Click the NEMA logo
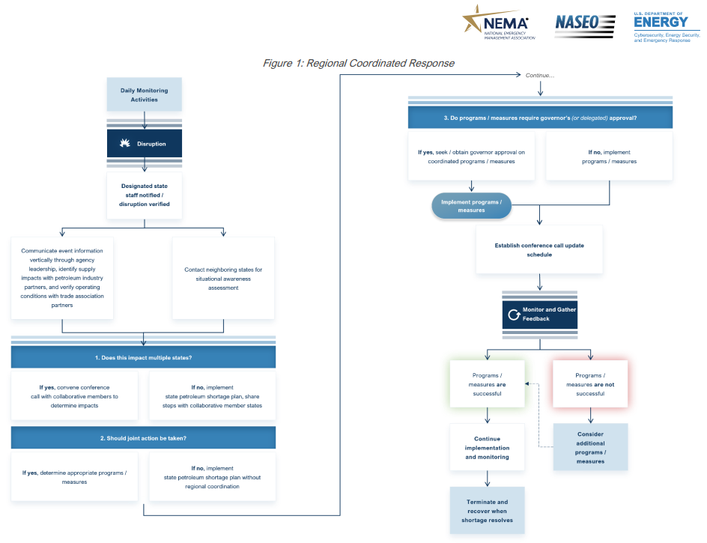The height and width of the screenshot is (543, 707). [499, 22]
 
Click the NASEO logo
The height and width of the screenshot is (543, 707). [585, 25]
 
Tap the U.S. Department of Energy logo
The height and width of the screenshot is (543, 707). [667, 27]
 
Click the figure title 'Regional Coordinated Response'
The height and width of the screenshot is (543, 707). [380, 63]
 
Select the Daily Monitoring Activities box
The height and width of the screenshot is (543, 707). [145, 94]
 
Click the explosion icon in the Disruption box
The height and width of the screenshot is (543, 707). [125, 143]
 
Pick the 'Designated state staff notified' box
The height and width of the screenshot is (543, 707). [145, 195]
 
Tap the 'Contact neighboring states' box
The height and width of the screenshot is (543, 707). [223, 279]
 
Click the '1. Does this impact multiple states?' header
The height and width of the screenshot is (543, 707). [143, 357]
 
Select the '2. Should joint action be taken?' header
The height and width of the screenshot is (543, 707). [143, 438]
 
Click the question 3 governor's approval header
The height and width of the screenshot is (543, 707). [540, 118]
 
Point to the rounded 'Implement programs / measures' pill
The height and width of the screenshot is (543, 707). [472, 206]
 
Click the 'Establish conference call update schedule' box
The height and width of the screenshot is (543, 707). [539, 250]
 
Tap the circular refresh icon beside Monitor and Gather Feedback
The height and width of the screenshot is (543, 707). [514, 315]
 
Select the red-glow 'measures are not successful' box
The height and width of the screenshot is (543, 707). [590, 384]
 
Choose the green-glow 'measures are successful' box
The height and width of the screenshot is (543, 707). [488, 384]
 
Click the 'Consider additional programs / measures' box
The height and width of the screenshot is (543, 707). [590, 447]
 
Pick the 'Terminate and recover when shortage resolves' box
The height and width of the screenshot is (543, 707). [488, 511]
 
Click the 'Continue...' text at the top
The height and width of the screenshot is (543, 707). [540, 76]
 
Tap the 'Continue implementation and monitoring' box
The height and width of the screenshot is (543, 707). [488, 447]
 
